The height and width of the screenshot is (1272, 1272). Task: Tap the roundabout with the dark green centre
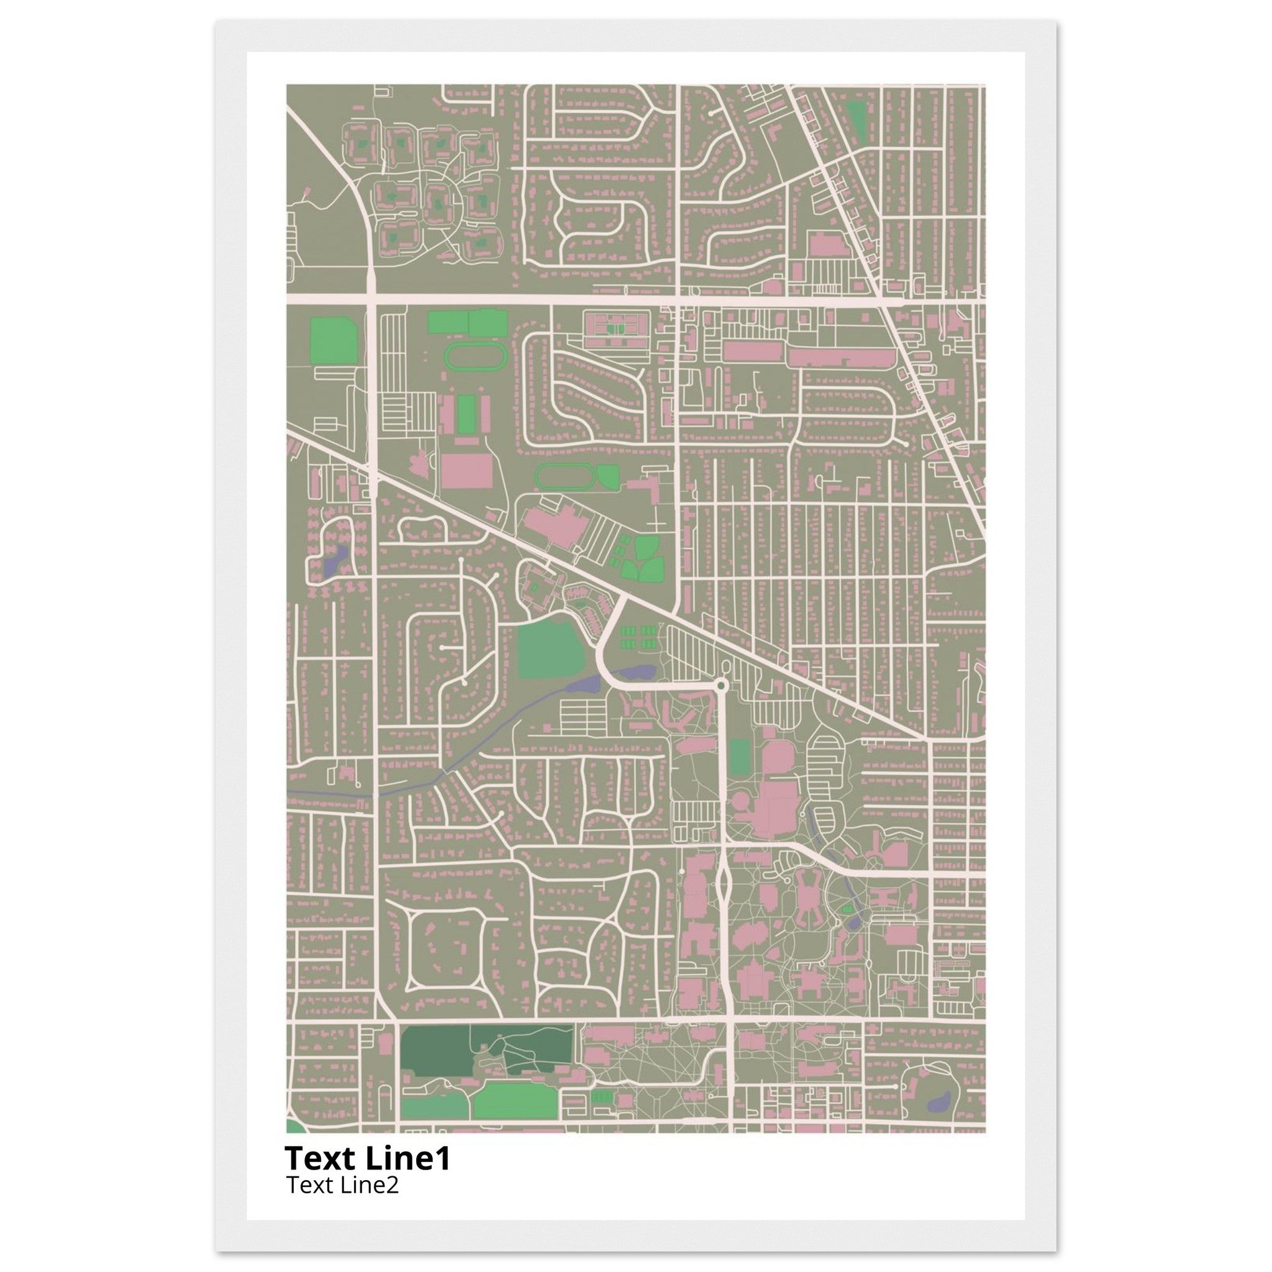click(722, 686)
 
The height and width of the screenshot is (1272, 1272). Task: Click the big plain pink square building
click(466, 470)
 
